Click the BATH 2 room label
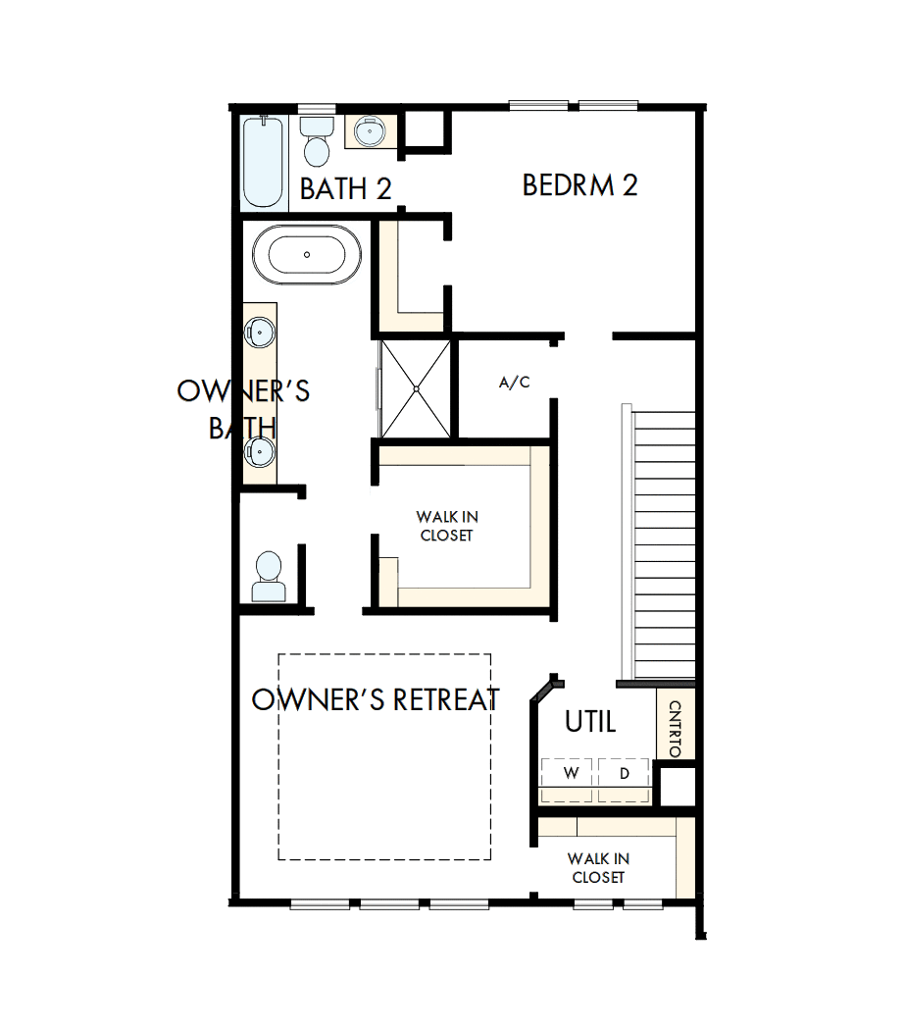345,189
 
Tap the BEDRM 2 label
579,185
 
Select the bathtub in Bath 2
264,162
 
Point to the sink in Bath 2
372,130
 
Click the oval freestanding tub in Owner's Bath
307,255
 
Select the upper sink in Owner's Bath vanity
259,332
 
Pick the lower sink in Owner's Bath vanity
259,451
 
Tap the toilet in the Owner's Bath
268,577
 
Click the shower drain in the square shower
416,388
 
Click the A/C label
514,383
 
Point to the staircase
664,544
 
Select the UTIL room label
590,723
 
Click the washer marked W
570,773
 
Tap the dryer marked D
625,773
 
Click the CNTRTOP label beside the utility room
675,728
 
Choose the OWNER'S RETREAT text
376,699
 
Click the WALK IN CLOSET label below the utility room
598,868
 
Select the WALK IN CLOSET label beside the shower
446,526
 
